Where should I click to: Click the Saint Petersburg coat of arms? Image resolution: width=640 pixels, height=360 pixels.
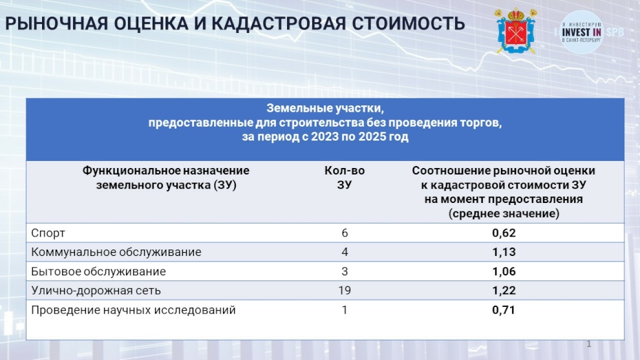(x=516, y=31)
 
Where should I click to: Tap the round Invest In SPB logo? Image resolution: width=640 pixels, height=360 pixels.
(x=581, y=32)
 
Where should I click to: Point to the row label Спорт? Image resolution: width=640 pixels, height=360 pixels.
(x=48, y=233)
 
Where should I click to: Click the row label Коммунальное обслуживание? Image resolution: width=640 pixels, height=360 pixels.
(x=116, y=252)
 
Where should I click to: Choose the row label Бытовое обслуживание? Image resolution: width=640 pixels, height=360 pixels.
(x=98, y=271)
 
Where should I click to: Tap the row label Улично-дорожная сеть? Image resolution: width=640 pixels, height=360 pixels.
(x=96, y=290)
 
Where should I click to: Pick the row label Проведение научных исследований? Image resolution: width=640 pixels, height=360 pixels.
(x=133, y=310)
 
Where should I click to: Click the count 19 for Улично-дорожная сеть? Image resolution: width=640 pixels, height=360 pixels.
(x=345, y=290)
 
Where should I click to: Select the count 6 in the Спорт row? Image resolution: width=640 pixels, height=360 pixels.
(x=345, y=233)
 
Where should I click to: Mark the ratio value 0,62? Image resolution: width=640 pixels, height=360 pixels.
(x=504, y=233)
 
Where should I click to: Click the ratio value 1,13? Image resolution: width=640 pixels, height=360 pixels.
(x=504, y=252)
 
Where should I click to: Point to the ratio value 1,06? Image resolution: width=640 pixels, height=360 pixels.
(x=504, y=271)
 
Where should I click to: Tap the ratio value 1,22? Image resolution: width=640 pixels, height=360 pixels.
(x=504, y=290)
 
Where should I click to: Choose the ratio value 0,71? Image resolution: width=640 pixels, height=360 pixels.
(x=504, y=310)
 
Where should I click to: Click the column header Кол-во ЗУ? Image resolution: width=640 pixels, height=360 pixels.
(x=345, y=178)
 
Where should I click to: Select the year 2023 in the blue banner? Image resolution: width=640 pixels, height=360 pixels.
(x=325, y=136)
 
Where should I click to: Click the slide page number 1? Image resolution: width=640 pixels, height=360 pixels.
(x=588, y=344)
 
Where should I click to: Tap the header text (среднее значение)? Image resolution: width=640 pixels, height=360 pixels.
(x=504, y=213)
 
